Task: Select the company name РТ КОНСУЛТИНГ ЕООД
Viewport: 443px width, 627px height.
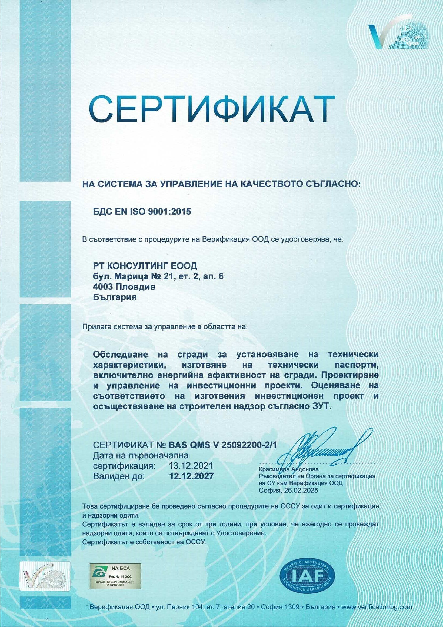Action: pos(145,266)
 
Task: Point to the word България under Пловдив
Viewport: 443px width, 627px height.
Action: pos(115,297)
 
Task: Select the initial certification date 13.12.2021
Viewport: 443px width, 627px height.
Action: pos(191,466)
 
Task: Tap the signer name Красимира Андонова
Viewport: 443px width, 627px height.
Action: pos(288,469)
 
